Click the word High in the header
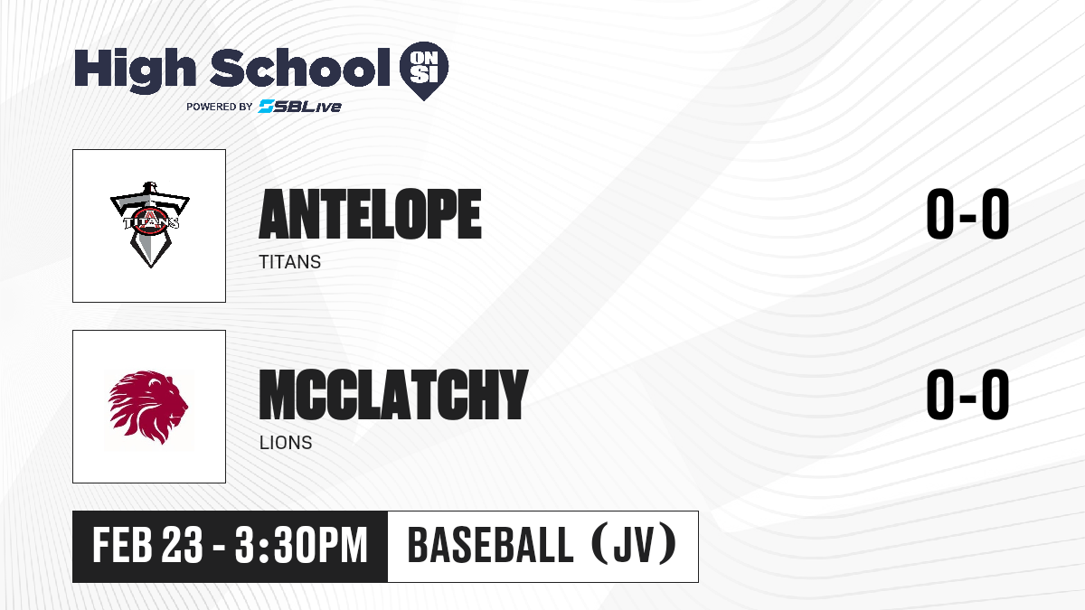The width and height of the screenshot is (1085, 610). (x=136, y=70)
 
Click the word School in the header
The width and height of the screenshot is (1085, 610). (x=300, y=68)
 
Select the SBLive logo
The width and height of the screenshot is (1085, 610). (x=299, y=106)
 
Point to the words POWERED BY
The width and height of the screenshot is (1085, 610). (x=220, y=107)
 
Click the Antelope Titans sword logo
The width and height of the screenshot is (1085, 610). (x=150, y=225)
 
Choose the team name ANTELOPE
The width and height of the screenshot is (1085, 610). (x=370, y=214)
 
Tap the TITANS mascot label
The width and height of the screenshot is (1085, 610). (x=289, y=262)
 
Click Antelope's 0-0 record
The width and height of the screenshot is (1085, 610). (x=967, y=214)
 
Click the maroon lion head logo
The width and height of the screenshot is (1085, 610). (x=148, y=408)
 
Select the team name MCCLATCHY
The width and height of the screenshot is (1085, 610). (x=393, y=395)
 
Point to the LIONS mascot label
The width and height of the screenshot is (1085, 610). (x=286, y=443)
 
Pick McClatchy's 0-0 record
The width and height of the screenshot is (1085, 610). (x=967, y=395)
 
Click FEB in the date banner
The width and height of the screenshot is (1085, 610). (x=123, y=546)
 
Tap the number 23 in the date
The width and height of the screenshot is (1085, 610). (x=182, y=546)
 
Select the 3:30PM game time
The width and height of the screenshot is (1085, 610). (x=301, y=546)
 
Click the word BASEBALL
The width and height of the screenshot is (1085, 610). (x=491, y=546)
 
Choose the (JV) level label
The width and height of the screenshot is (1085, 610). (x=635, y=544)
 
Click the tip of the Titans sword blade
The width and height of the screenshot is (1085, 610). (x=151, y=267)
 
